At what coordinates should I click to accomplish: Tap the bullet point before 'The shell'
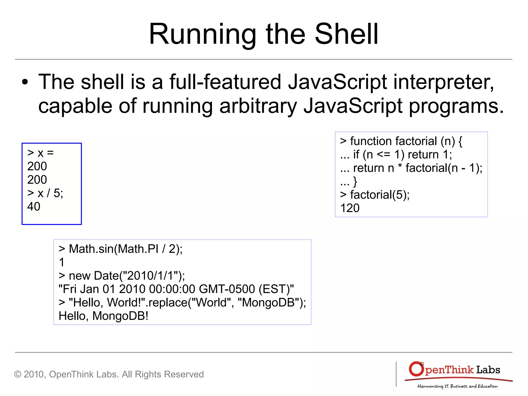(25, 82)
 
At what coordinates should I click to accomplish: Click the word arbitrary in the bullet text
(258, 106)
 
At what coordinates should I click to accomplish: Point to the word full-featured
(225, 82)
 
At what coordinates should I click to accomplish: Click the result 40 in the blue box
(34, 206)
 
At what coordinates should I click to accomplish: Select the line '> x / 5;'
(45, 193)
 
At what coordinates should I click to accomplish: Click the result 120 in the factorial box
(350, 208)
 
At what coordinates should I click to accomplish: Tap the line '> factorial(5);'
(375, 195)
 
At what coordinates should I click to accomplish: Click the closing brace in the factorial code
(355, 181)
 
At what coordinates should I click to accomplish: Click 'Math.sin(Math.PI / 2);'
(126, 249)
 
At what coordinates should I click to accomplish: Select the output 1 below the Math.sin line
(62, 262)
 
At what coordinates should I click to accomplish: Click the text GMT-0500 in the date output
(227, 289)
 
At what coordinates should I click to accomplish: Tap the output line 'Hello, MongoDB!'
(103, 316)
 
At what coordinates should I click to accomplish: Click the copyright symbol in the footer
(18, 374)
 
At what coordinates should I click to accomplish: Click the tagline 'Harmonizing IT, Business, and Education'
(457, 386)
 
